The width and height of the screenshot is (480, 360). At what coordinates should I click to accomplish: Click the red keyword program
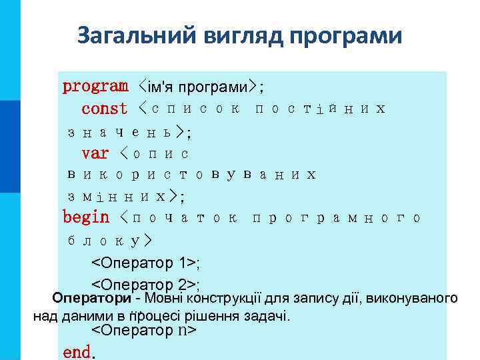tap(95, 86)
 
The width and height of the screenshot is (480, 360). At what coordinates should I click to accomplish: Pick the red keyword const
tap(104, 108)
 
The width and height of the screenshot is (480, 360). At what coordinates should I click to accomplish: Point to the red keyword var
tap(95, 153)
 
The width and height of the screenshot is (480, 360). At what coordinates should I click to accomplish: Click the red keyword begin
tap(86, 217)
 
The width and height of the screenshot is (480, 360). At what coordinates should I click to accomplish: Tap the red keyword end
tap(76, 351)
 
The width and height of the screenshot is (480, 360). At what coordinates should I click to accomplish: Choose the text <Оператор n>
tap(143, 330)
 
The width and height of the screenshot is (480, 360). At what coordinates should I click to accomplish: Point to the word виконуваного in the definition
tap(419, 297)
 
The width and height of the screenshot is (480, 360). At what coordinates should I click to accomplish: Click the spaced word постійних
tap(321, 109)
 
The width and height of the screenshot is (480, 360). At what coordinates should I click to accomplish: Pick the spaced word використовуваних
tap(191, 175)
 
